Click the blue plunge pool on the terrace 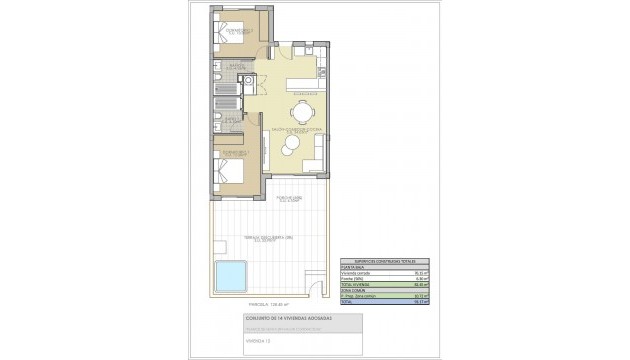(230, 273)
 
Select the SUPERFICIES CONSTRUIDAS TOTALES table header (376, 259)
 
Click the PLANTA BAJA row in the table (355, 265)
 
